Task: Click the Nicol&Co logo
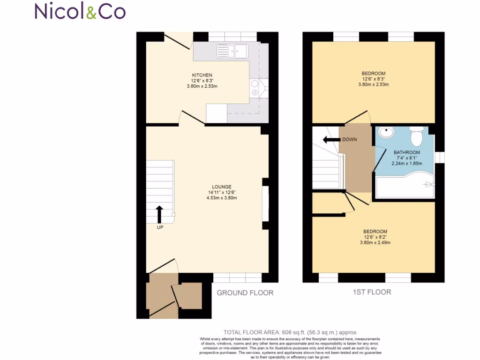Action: point(80,11)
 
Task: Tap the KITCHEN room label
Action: point(202,75)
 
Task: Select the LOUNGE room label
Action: point(222,187)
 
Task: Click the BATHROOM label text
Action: point(406,152)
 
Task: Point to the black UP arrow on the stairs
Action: point(159,214)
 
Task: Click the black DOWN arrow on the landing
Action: point(331,139)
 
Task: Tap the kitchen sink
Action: point(232,51)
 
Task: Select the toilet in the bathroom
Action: point(416,136)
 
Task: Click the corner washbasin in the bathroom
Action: point(386,133)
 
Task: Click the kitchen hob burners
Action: point(255,88)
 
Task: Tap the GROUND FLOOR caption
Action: point(245,293)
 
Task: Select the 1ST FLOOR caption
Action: point(372,292)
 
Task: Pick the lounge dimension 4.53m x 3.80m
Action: point(222,198)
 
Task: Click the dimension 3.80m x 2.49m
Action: point(375,243)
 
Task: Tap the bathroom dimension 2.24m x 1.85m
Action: point(406,164)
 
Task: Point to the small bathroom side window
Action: point(439,157)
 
